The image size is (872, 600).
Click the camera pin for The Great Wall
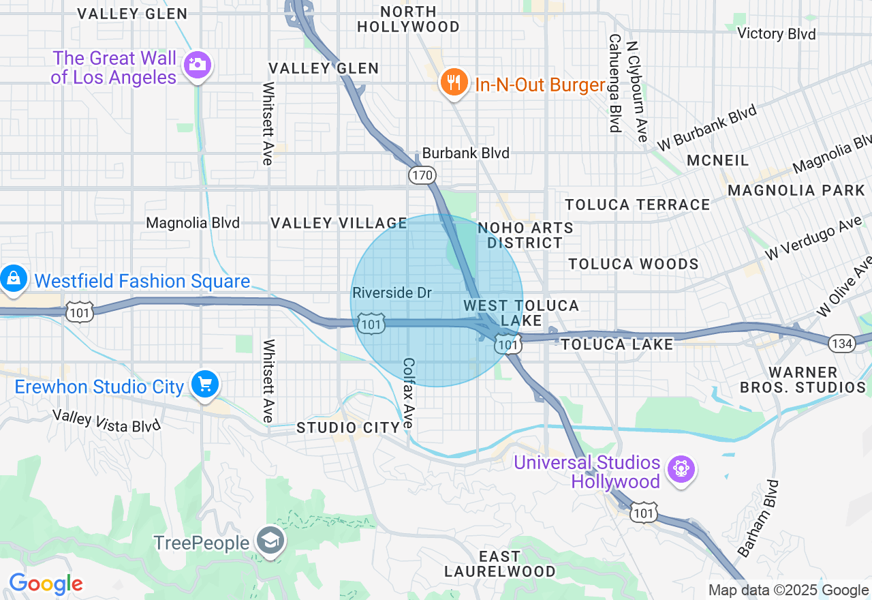(x=197, y=65)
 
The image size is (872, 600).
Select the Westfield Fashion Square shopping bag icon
(x=13, y=278)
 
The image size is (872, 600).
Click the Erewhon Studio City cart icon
(x=204, y=384)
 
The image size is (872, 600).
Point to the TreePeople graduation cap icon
(x=270, y=541)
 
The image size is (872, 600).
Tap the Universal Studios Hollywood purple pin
(x=680, y=469)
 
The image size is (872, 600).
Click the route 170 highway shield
(x=422, y=175)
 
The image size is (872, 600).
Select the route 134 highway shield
(x=842, y=344)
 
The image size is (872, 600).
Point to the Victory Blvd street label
(x=777, y=33)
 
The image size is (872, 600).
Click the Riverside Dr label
(x=392, y=293)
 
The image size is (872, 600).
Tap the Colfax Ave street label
(x=408, y=393)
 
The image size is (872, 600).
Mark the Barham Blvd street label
(x=758, y=518)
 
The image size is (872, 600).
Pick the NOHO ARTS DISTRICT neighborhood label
(x=525, y=235)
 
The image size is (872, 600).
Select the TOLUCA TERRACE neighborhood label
(x=638, y=205)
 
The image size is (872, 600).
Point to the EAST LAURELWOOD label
(x=499, y=564)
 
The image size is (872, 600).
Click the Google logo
(x=46, y=584)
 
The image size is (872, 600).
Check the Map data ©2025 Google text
(x=788, y=590)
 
